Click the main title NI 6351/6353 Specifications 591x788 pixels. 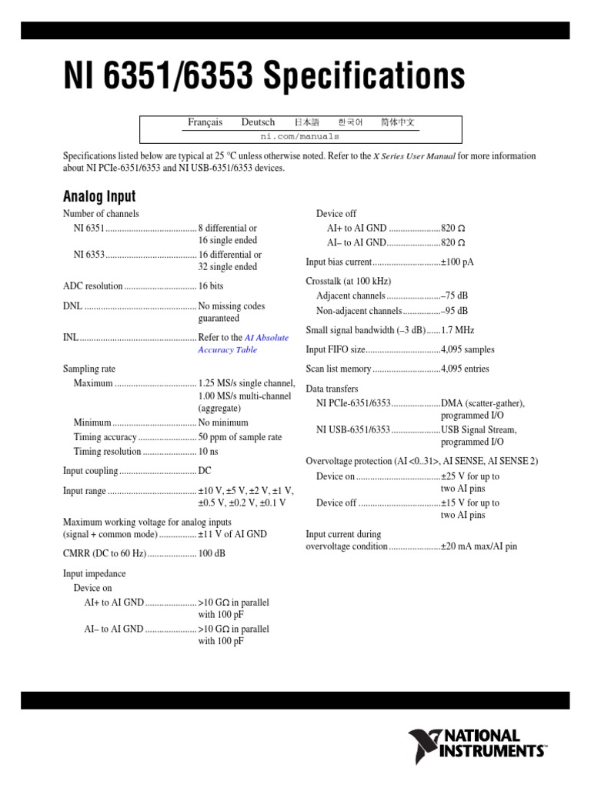point(264,77)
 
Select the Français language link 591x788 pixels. point(205,122)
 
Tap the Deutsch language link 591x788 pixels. point(258,122)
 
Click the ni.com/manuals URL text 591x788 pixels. point(300,135)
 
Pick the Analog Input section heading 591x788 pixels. point(98,195)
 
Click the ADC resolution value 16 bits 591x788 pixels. point(210,286)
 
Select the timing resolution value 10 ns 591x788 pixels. point(209,452)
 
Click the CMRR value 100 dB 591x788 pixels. point(212,554)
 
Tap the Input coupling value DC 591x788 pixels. point(205,471)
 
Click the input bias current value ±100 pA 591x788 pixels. point(457,262)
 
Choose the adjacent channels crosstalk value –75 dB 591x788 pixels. point(454,295)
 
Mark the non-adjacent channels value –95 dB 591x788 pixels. point(454,311)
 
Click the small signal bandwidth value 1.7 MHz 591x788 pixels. point(457,330)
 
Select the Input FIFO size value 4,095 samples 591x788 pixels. point(467,349)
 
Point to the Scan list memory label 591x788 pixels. point(339,369)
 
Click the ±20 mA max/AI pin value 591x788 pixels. point(479,546)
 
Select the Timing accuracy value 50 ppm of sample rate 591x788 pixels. point(240,437)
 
